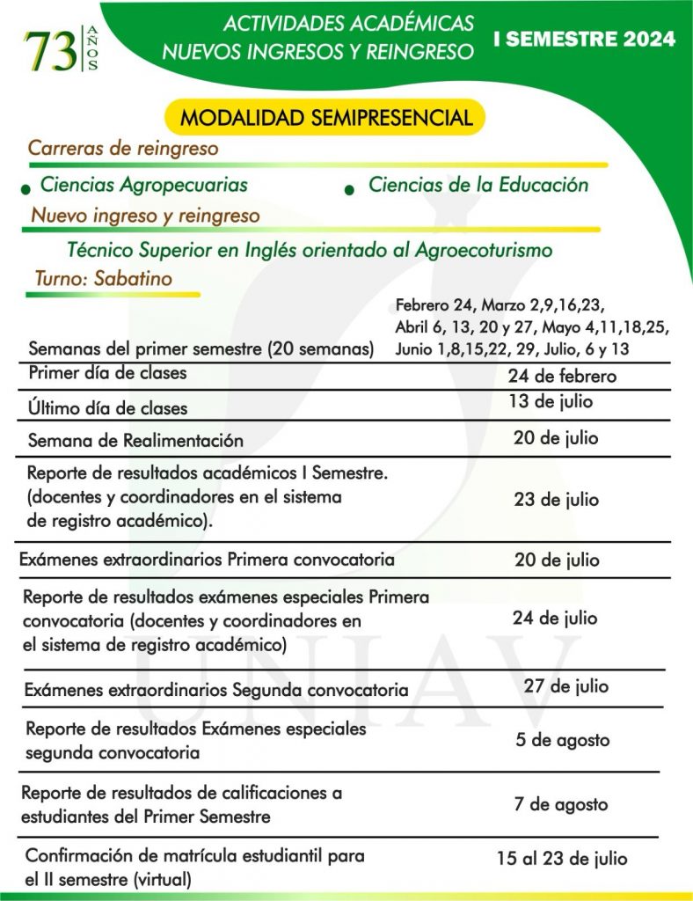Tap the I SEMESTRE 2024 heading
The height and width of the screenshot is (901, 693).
[x=585, y=40]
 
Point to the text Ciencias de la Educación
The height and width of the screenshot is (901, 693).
[x=478, y=185]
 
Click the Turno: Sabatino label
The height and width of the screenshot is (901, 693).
[x=103, y=278]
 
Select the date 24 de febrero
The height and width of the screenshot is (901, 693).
[x=562, y=377]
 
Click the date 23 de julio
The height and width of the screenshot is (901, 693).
[x=556, y=500]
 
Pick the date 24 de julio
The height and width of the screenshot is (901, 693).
[x=555, y=619]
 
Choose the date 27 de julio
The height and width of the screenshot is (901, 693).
[x=565, y=685]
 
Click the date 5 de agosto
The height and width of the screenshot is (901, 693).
[x=562, y=740]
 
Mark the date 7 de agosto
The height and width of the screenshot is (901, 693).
[x=560, y=804]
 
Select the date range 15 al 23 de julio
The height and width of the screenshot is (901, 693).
[x=562, y=859]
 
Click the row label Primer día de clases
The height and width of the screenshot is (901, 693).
[x=107, y=373]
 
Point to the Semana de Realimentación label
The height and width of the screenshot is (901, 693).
[x=135, y=440]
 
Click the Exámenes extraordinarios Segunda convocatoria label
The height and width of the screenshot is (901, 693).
[x=216, y=689]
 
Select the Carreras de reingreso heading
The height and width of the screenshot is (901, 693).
[x=123, y=148]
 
